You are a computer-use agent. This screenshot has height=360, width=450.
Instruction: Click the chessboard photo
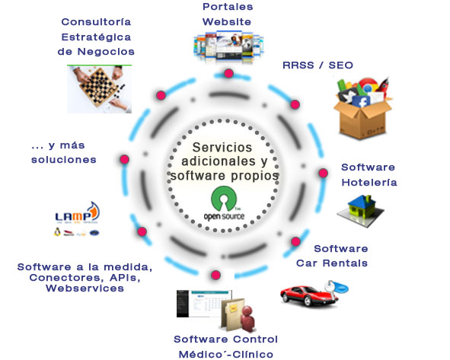99,89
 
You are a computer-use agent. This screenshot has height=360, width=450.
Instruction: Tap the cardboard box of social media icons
362,108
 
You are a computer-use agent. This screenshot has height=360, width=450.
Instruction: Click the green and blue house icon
361,211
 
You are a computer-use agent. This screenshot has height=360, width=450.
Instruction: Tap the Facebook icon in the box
361,102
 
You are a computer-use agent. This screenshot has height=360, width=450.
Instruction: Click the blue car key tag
338,287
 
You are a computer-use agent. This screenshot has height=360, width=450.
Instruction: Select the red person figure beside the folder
247,318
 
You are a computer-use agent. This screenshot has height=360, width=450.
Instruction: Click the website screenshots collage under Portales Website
228,46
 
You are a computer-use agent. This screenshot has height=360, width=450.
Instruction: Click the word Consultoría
96,22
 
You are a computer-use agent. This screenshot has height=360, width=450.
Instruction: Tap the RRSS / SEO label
318,65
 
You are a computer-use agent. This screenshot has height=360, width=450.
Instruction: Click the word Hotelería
369,183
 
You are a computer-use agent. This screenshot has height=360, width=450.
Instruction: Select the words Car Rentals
332,263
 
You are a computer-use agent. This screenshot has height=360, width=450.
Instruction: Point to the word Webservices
85,288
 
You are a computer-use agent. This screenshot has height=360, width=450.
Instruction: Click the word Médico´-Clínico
226,355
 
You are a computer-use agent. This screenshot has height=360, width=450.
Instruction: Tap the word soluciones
64,160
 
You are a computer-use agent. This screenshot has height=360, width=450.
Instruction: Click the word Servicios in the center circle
222,148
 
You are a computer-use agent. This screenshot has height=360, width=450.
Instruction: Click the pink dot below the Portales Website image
228,73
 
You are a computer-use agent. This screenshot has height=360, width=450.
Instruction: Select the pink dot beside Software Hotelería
323,173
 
